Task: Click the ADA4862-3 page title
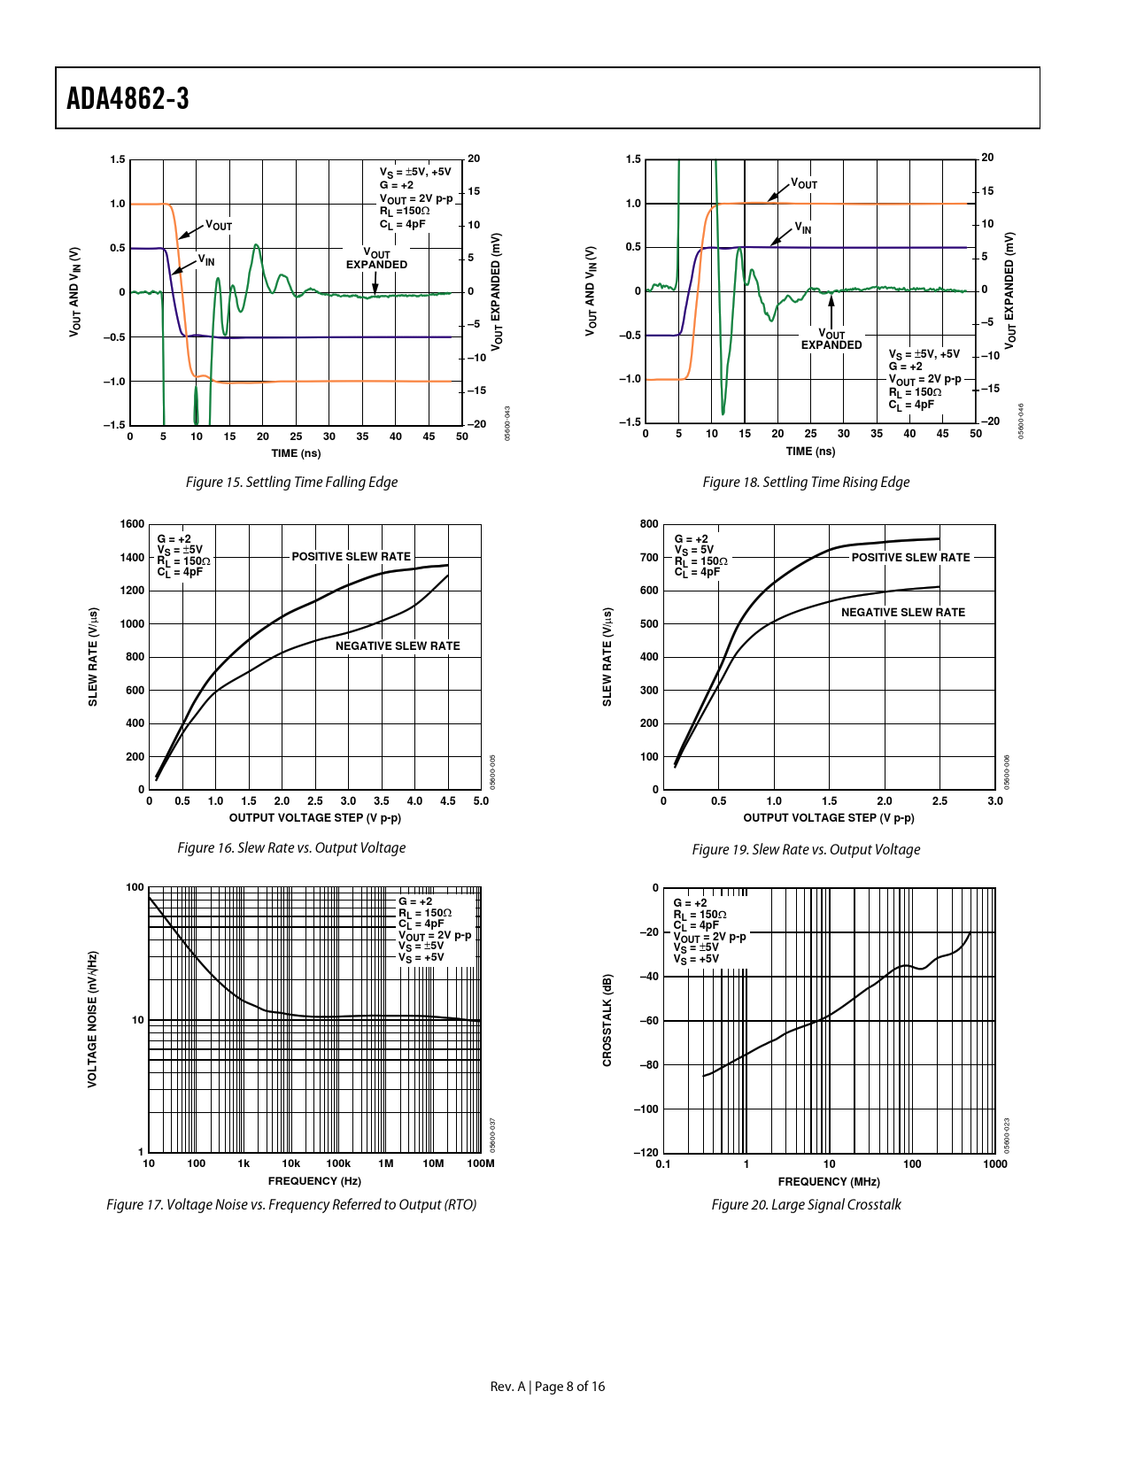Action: (x=128, y=98)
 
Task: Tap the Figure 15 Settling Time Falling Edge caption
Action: (x=291, y=483)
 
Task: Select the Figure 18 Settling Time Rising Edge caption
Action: (x=806, y=483)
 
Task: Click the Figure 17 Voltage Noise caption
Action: (x=291, y=1205)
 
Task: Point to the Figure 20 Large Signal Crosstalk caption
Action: (x=806, y=1205)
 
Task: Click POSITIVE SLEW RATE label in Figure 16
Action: (x=351, y=557)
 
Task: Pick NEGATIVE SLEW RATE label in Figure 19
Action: (x=902, y=613)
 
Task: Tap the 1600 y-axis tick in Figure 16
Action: (x=132, y=524)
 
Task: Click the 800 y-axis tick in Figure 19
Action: (x=649, y=524)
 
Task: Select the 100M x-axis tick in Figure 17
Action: (x=480, y=1163)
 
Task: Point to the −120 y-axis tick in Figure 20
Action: (x=646, y=1153)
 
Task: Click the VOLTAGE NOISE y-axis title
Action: (x=92, y=1019)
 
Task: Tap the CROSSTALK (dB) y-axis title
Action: (x=607, y=1020)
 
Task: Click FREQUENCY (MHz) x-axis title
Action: (x=829, y=1182)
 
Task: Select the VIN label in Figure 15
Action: (x=205, y=260)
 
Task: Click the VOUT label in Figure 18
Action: (x=803, y=184)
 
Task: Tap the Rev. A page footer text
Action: (x=547, y=1387)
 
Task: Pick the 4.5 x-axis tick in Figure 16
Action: (x=448, y=801)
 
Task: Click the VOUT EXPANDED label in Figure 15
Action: (x=376, y=259)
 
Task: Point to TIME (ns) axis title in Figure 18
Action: (x=810, y=452)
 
